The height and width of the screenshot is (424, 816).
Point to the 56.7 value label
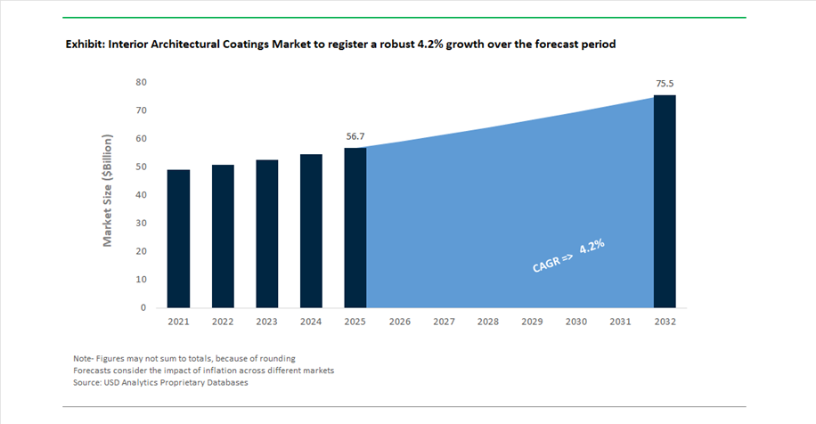tap(355, 137)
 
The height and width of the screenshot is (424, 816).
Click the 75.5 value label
tap(665, 84)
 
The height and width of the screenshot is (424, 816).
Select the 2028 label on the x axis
tap(488, 321)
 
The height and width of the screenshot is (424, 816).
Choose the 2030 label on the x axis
tap(576, 321)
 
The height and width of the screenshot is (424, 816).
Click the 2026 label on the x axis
tap(400, 321)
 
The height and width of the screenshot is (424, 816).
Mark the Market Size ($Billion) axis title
tap(108, 191)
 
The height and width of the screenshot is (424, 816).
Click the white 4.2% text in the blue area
tap(592, 249)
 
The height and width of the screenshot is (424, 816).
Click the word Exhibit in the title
tap(87, 44)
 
